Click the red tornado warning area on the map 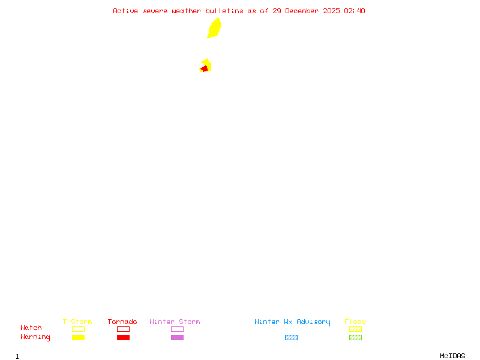pos(205,69)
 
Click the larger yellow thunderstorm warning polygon pos(214,28)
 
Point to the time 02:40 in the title pos(355,11)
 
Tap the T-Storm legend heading pos(77,322)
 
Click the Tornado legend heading pos(122,322)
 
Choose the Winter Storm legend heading pos(175,322)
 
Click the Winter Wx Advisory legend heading pos(292,322)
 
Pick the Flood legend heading pos(355,322)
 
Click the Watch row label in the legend pos(31,328)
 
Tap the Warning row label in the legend pos(35,337)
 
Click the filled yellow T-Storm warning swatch pos(78,338)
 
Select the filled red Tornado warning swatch pos(123,338)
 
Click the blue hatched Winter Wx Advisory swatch pos(291,338)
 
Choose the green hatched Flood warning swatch pos(355,338)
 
